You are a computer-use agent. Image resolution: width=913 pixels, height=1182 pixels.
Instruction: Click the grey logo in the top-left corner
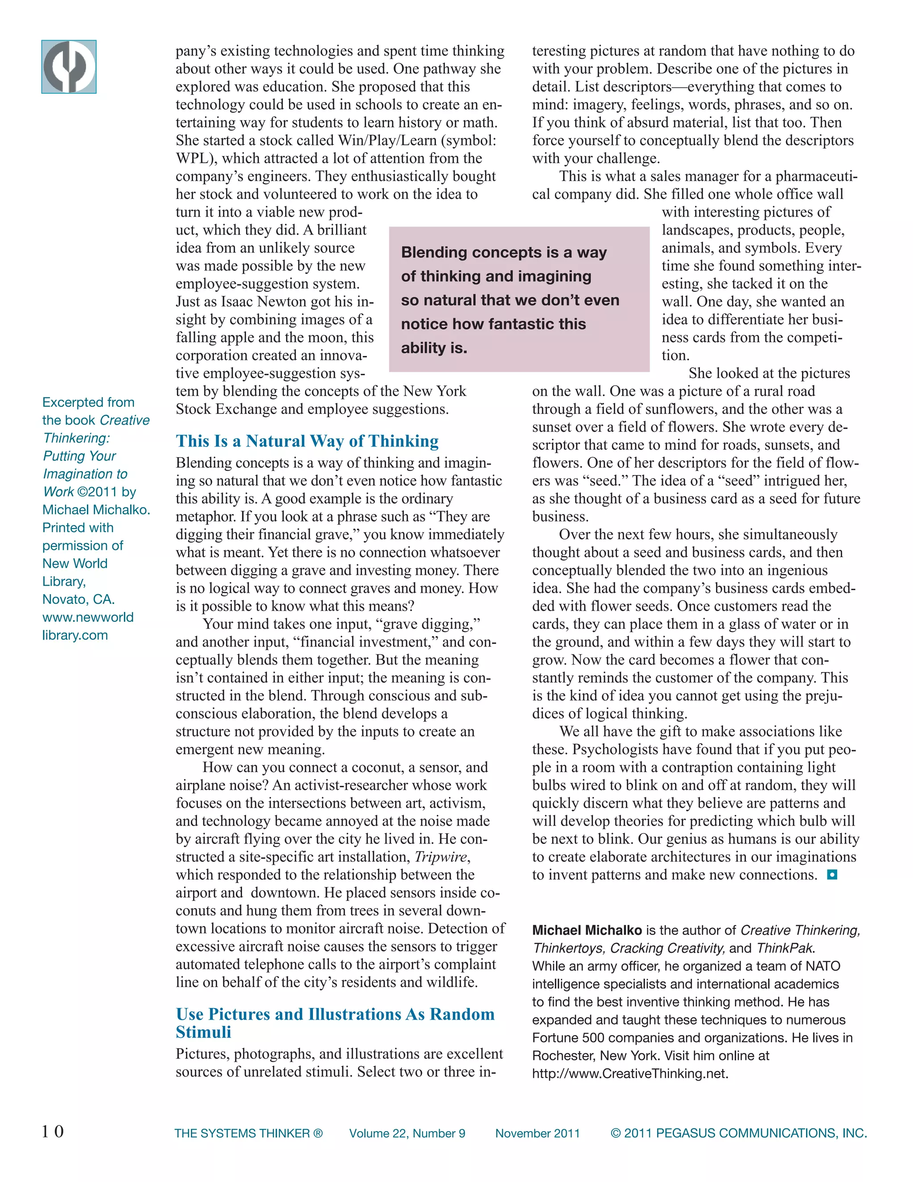pyautogui.click(x=69, y=67)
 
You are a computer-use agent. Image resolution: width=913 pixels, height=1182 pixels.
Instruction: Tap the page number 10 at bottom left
pyautogui.click(x=53, y=1131)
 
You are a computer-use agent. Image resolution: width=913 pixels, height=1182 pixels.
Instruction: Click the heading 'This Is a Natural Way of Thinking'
pyautogui.click(x=307, y=441)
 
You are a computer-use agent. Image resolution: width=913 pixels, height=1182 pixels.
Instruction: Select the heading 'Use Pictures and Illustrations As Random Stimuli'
pyautogui.click(x=335, y=1022)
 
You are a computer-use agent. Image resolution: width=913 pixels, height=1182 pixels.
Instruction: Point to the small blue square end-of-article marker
pyautogui.click(x=832, y=875)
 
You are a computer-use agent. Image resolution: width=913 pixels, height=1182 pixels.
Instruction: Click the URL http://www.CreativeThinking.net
pyautogui.click(x=629, y=1074)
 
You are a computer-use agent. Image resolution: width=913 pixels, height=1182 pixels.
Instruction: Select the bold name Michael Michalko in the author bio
pyautogui.click(x=586, y=930)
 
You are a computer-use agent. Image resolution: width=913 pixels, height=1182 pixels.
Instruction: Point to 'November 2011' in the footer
pyautogui.click(x=537, y=1133)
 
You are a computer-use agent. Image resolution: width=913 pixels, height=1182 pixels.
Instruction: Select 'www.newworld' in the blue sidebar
pyautogui.click(x=88, y=617)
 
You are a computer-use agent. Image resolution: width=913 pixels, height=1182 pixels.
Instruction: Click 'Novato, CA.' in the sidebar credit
pyautogui.click(x=78, y=599)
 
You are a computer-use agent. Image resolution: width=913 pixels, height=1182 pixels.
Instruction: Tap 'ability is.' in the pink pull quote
pyautogui.click(x=434, y=348)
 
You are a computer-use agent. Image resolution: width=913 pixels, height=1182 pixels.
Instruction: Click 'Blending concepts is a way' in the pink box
pyautogui.click(x=504, y=253)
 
